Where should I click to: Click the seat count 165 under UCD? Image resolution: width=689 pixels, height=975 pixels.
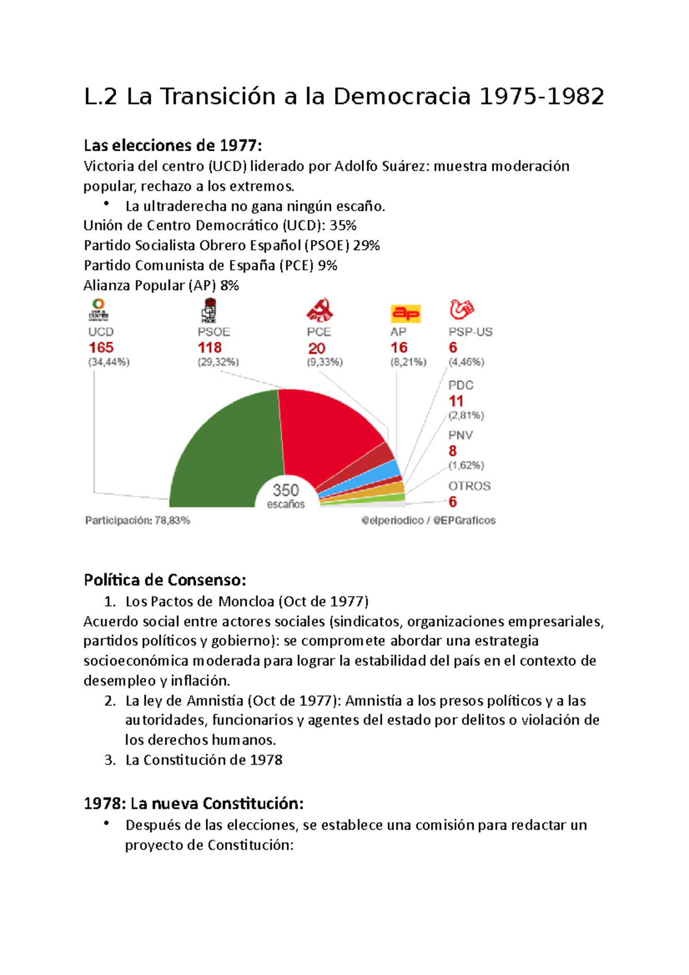point(101,347)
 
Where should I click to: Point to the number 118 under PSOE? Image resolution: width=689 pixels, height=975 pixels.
point(210,347)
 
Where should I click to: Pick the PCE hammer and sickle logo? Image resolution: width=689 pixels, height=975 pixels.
point(319,310)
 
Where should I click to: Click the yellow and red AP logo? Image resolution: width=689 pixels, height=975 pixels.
point(406,314)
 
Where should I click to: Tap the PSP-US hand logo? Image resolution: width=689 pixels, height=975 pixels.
point(461,309)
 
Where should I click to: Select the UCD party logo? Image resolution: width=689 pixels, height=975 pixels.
point(99,309)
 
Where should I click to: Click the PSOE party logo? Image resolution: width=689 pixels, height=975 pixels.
point(209,310)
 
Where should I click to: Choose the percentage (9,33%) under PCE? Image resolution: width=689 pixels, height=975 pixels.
point(324,362)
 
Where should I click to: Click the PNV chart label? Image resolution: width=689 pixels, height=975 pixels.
point(460,435)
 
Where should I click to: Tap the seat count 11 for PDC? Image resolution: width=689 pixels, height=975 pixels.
point(456,401)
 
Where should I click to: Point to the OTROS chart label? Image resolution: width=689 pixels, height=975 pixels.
point(469,486)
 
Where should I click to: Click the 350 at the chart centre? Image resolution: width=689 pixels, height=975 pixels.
point(285,490)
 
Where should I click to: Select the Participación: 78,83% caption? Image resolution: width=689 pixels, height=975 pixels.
point(138,521)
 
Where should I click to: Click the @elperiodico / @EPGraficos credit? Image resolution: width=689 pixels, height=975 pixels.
point(428,521)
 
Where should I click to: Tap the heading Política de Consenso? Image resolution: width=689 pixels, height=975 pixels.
point(165,580)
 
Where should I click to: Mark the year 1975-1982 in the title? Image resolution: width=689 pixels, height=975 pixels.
point(541,96)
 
